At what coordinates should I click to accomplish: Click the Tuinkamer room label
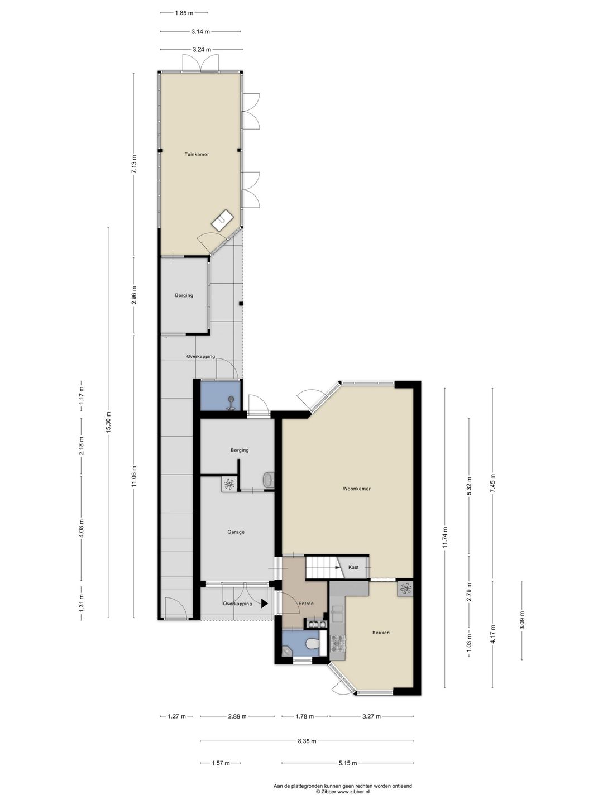[197, 154]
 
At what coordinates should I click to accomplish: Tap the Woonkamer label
[357, 489]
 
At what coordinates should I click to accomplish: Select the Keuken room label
[381, 633]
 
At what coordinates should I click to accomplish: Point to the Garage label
[236, 532]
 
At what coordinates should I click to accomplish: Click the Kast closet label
[353, 567]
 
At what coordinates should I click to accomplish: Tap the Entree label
[306, 604]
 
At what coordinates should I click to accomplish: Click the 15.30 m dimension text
[108, 422]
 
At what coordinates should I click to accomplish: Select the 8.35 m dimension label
[307, 741]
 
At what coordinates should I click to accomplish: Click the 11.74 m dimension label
[445, 537]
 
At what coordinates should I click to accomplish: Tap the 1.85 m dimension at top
[184, 13]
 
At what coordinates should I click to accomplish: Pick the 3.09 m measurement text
[522, 620]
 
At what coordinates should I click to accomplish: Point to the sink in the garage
[269, 480]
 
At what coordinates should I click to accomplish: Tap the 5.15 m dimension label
[347, 763]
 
